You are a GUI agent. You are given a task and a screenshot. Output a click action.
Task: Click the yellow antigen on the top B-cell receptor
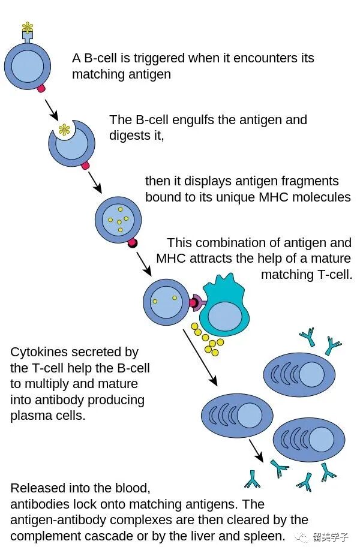tap(27, 26)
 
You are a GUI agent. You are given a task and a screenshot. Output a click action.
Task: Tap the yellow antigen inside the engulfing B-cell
tap(64, 129)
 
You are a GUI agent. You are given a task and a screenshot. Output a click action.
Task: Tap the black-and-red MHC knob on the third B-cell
tap(133, 244)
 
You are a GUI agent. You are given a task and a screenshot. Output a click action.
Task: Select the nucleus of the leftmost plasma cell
tap(250, 414)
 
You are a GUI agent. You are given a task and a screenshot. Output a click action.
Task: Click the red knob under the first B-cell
tap(40, 88)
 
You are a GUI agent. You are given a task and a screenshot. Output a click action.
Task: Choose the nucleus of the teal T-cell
tap(225, 315)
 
